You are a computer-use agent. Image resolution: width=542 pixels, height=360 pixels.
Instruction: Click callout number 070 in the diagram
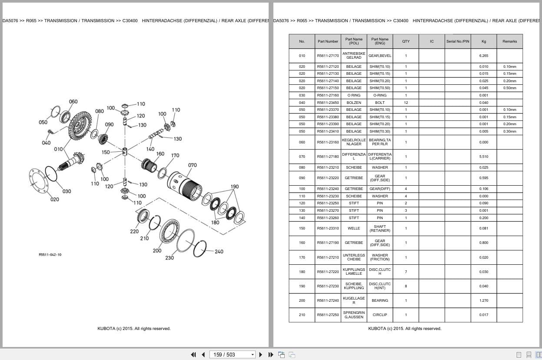[x=192, y=165]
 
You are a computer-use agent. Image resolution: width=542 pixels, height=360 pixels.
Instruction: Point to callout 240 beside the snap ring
[x=219, y=251]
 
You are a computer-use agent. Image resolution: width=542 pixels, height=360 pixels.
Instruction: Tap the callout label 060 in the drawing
[x=73, y=102]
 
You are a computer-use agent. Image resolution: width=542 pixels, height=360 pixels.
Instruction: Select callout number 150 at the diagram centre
[x=106, y=152]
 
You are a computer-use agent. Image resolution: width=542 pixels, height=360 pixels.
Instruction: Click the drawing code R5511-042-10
[x=50, y=254]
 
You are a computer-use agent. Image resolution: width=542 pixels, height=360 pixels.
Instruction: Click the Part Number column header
[x=328, y=41]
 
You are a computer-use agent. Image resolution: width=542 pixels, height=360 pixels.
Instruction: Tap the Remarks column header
[x=509, y=41]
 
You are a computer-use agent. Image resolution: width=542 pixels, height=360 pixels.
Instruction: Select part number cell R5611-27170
[x=328, y=56]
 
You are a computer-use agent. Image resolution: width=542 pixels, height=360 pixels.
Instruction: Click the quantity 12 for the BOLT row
[x=406, y=103]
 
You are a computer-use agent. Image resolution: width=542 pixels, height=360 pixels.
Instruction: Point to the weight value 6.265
[x=483, y=56]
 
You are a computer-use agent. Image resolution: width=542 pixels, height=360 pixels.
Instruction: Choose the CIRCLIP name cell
[x=379, y=315]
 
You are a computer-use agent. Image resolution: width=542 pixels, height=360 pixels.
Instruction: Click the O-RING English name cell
[x=379, y=95]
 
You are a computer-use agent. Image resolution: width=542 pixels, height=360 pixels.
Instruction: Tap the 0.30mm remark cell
[x=509, y=131]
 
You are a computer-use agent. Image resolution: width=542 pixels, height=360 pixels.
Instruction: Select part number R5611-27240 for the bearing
[x=328, y=300]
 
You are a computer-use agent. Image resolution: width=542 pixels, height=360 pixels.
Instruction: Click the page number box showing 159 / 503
[x=232, y=354]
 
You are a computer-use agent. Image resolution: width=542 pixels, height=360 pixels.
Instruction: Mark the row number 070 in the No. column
[x=302, y=157]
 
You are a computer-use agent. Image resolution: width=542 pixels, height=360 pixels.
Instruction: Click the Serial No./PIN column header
[x=458, y=41]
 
